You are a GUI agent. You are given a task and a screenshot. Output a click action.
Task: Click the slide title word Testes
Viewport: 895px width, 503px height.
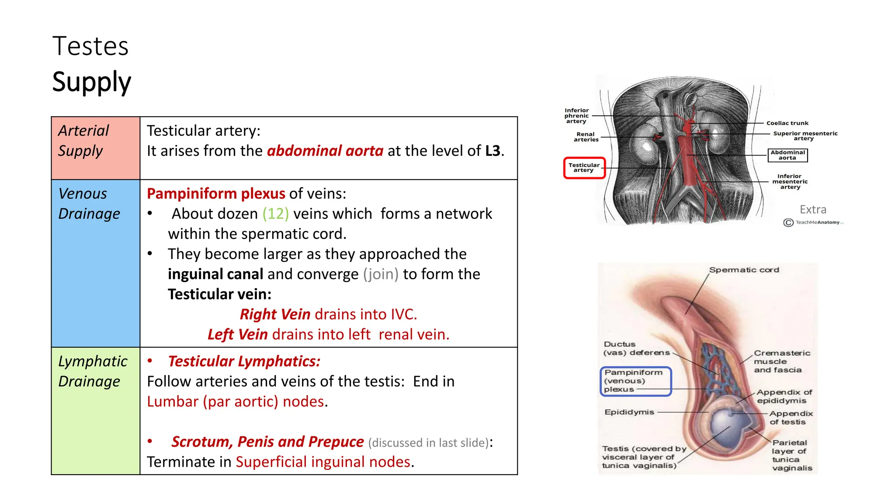[x=90, y=46]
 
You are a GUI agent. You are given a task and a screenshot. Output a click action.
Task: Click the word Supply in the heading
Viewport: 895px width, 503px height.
[x=91, y=82]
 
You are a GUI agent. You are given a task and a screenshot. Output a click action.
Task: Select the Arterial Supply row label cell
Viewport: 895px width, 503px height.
[x=95, y=148]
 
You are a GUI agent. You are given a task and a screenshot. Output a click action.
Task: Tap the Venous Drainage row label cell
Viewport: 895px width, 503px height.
[x=95, y=263]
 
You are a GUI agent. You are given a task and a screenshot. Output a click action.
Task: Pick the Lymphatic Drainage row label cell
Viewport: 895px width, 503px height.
[x=95, y=410]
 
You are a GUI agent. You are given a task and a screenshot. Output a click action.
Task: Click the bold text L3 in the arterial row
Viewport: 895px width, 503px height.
[x=493, y=151]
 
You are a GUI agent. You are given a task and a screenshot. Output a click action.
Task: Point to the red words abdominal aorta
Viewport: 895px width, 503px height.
[x=325, y=151]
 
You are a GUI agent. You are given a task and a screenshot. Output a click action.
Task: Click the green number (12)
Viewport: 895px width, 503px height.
[x=275, y=214]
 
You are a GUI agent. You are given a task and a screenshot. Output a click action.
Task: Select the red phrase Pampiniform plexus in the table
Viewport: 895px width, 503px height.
[x=216, y=193]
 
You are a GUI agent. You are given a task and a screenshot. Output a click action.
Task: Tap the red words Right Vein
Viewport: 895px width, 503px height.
[x=275, y=314]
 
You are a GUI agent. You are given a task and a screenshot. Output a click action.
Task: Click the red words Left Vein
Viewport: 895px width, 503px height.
[x=237, y=334]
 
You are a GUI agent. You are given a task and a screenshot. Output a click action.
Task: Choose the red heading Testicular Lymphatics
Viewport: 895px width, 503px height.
[x=244, y=362]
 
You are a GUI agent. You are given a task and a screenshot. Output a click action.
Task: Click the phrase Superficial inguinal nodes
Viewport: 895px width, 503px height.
[x=323, y=462]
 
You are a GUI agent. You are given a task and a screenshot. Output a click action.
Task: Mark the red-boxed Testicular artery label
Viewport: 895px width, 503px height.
[x=584, y=168]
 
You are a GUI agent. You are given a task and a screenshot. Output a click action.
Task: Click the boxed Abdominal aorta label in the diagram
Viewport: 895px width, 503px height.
[x=787, y=155]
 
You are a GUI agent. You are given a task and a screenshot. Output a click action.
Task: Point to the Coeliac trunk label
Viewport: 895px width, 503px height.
[x=787, y=123]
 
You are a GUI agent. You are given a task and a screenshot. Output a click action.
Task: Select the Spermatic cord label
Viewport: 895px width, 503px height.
[x=744, y=270]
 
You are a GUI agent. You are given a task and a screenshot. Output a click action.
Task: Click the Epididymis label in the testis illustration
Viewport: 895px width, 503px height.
[x=629, y=412]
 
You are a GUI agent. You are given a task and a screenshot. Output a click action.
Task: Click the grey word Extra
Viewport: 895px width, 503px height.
[x=812, y=210]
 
